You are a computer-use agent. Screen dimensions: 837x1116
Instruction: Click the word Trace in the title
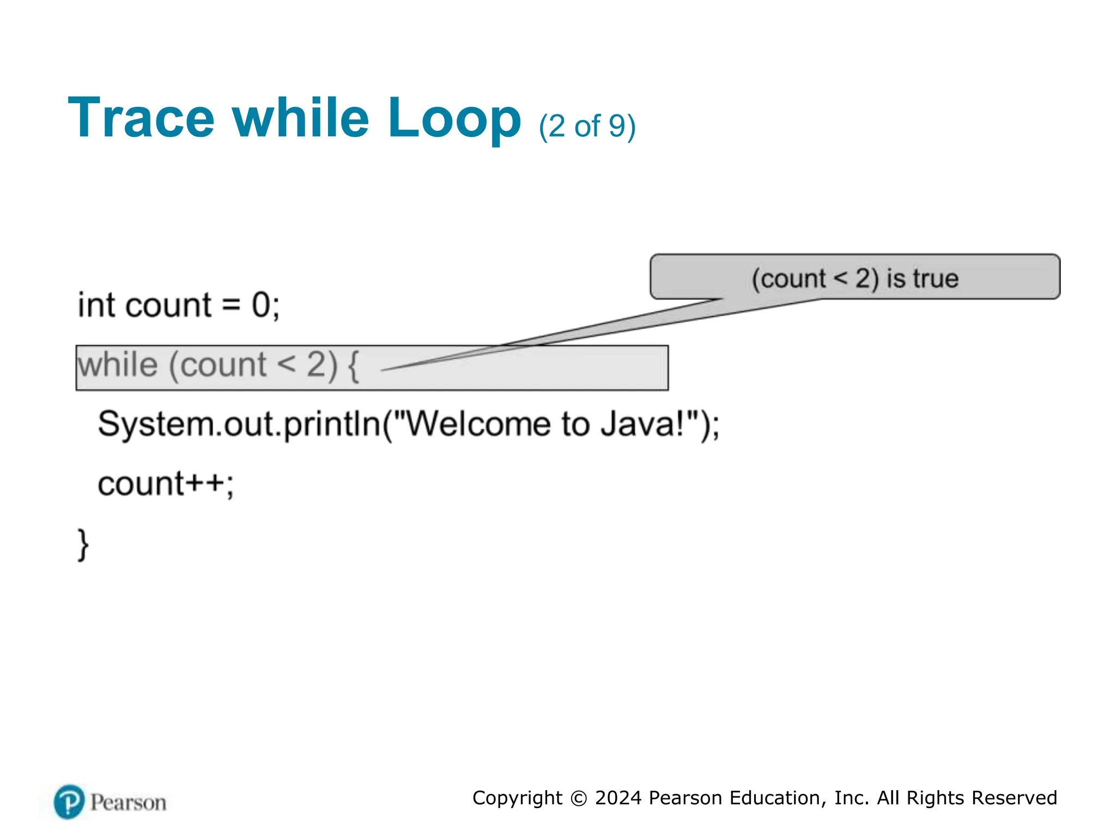(141, 118)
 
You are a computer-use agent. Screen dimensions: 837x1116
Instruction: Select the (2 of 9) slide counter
(587, 126)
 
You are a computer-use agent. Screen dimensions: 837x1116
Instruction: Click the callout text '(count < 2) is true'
(854, 278)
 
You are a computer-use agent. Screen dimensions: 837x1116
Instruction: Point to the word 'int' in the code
(96, 305)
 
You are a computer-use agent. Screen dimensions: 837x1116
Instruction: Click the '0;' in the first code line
(265, 305)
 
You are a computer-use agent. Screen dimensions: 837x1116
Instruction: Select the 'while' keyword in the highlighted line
(118, 365)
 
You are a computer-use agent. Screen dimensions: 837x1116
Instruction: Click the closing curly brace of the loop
(83, 544)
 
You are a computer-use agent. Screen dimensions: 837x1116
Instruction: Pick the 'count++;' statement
(166, 484)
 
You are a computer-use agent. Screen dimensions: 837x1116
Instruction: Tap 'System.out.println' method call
(240, 424)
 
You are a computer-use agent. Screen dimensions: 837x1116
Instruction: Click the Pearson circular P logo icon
(69, 802)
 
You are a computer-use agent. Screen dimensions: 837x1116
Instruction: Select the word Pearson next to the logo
(128, 803)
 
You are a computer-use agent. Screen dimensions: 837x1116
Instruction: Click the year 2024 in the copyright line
(618, 798)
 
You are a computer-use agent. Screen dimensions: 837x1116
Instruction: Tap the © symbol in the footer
(578, 798)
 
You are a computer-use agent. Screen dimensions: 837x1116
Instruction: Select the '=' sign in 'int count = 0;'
(231, 306)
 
